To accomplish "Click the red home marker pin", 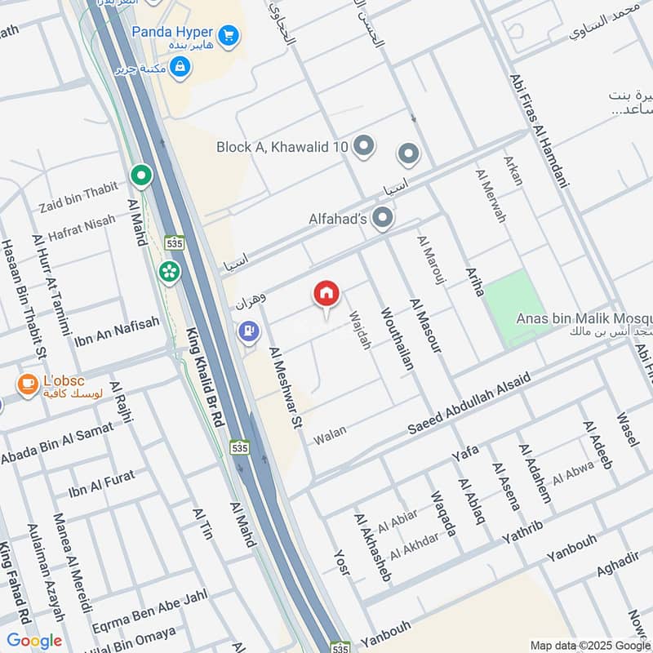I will pos(326,295).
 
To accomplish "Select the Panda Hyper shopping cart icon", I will pos(229,35).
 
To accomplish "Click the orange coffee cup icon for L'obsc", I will pos(28,384).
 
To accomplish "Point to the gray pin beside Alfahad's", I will pos(382,218).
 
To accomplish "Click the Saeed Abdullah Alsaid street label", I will pos(469,404).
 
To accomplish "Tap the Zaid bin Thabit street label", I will pos(78,198).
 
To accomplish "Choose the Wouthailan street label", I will pos(397,339).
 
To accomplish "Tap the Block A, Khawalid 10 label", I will pos(282,147).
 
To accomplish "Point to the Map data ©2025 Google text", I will pos(589,644).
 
